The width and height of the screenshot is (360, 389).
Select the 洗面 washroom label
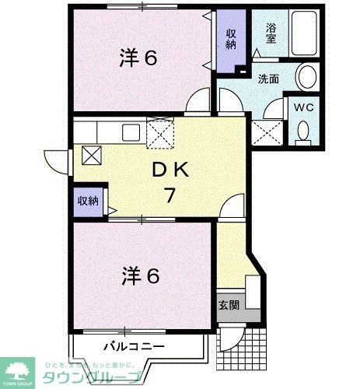pos(269,79)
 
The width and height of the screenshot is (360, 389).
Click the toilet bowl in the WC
pos(302,133)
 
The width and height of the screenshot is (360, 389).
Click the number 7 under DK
pos(168,195)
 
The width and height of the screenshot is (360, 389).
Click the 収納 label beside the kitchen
pos(88,201)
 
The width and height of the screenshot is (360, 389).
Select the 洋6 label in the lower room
pos(140,275)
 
